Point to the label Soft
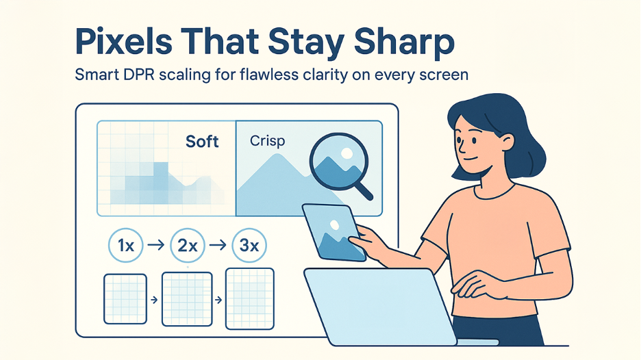pyautogui.click(x=202, y=142)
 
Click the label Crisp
pyautogui.click(x=268, y=142)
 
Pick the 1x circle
pyautogui.click(x=126, y=246)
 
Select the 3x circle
pyautogui.click(x=249, y=246)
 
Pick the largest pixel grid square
pyautogui.click(x=249, y=294)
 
